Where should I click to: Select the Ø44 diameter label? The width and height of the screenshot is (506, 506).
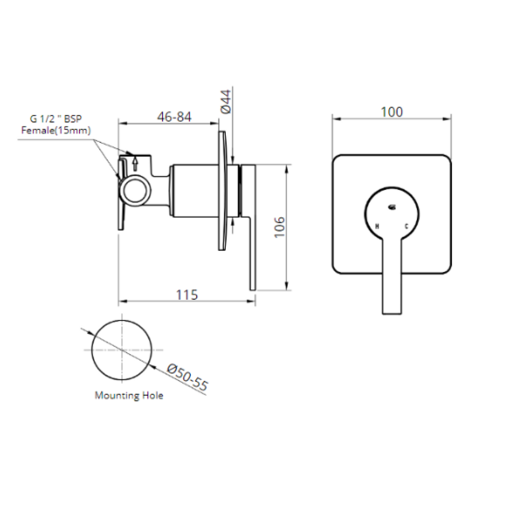pyautogui.click(x=225, y=102)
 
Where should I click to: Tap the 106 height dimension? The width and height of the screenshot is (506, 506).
pyautogui.click(x=279, y=227)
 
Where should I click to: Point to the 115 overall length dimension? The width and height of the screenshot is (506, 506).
pyautogui.click(x=187, y=295)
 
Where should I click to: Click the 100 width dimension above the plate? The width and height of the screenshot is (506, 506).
pyautogui.click(x=391, y=112)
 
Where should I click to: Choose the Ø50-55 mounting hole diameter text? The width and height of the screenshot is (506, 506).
pyautogui.click(x=187, y=378)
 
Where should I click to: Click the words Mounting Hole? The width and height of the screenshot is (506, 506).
pyautogui.click(x=129, y=395)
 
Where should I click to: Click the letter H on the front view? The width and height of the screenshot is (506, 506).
pyautogui.click(x=378, y=226)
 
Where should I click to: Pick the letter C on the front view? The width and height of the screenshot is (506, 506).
pyautogui.click(x=406, y=226)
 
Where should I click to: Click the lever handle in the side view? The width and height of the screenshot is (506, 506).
pyautogui.click(x=251, y=227)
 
